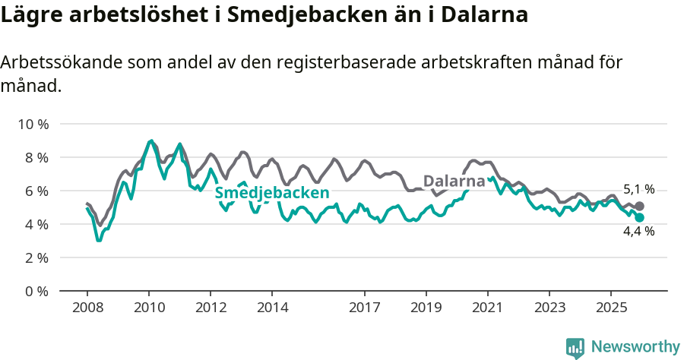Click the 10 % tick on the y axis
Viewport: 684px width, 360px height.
coord(31,124)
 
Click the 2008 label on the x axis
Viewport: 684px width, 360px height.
coord(87,308)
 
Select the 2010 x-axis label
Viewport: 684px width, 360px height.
coord(149,308)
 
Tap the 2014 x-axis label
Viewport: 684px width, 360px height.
coord(272,308)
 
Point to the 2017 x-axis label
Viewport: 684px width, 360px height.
coord(365,308)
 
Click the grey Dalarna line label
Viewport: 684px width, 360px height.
coord(454,182)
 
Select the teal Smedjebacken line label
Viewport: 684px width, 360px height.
coord(271,193)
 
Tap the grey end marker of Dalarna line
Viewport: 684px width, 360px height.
coord(639,206)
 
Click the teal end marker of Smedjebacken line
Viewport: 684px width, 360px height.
coord(639,218)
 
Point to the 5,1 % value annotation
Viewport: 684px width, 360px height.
coord(638,190)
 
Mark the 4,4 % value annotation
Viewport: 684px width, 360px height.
coord(638,232)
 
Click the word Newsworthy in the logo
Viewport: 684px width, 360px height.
coord(635,347)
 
